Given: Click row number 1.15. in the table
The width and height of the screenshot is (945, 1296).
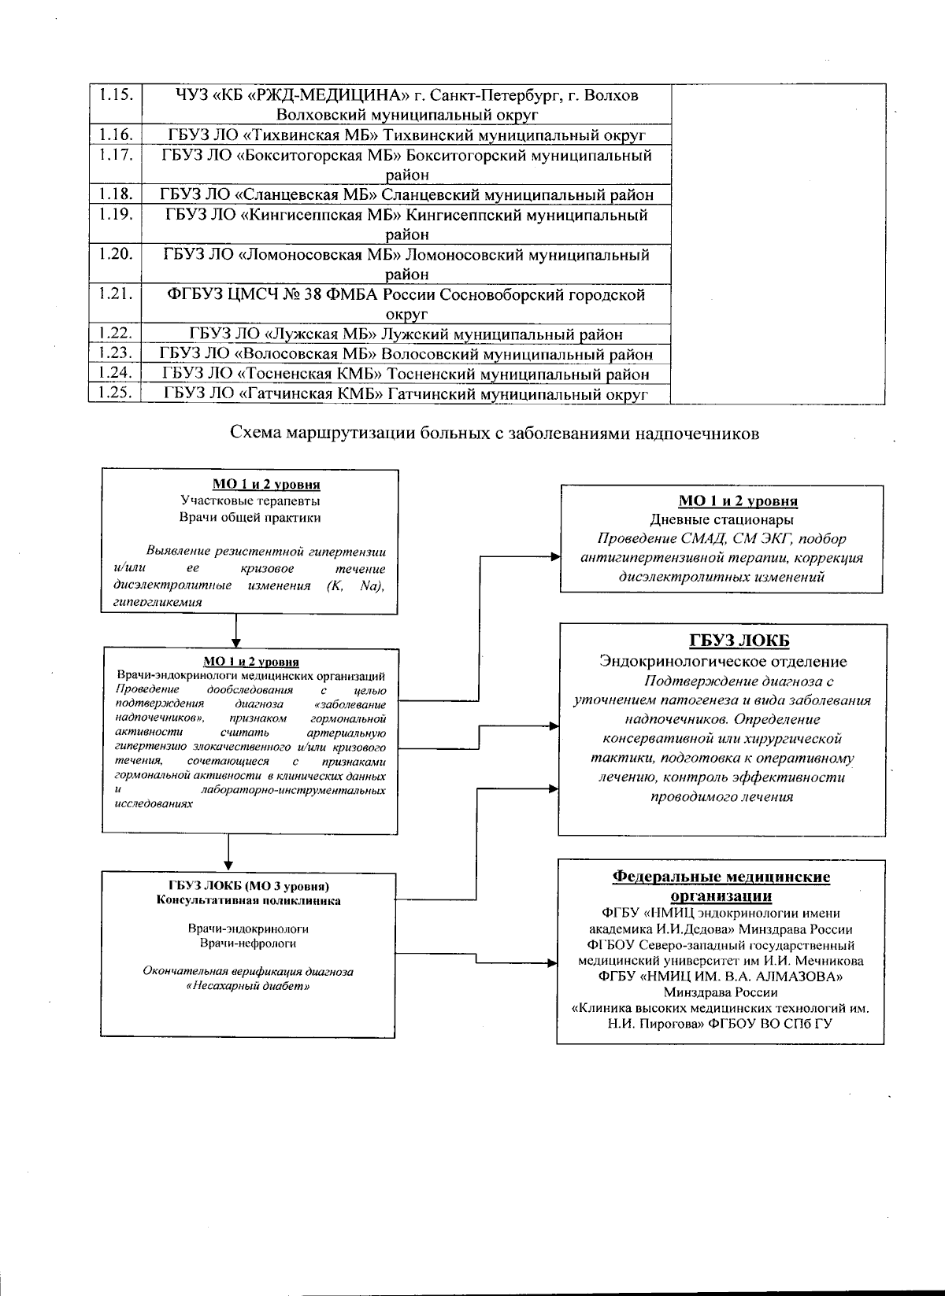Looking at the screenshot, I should [114, 95].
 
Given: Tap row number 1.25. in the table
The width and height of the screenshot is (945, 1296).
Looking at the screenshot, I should [114, 393].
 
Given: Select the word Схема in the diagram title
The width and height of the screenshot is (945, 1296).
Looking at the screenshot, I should [254, 433].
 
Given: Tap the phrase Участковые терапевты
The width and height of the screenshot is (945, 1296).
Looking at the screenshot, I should [250, 500].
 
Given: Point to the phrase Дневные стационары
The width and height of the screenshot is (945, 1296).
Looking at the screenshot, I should [721, 519].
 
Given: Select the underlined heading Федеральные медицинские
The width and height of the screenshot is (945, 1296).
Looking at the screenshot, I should [721, 877].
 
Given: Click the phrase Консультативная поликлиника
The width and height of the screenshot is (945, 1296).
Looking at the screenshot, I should [249, 900].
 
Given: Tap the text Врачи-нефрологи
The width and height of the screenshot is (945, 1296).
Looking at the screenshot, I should [249, 943].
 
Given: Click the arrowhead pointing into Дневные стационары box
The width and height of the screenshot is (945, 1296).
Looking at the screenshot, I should [555, 557].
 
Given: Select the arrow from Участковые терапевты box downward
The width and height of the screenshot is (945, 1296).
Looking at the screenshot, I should [236, 630].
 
